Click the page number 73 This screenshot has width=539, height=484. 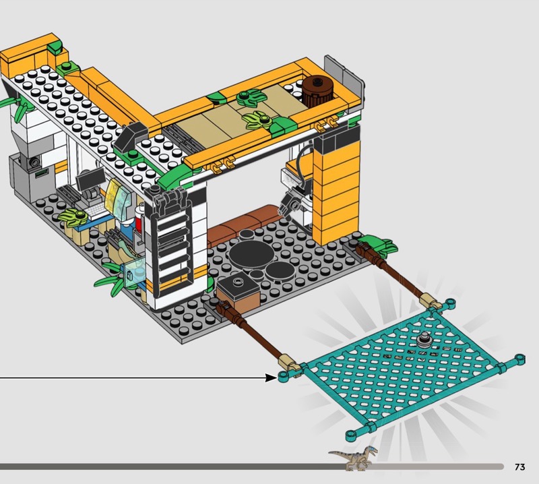click(519, 466)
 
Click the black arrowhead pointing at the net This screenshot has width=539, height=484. click(272, 378)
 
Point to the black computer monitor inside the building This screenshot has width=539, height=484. click(90, 179)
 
